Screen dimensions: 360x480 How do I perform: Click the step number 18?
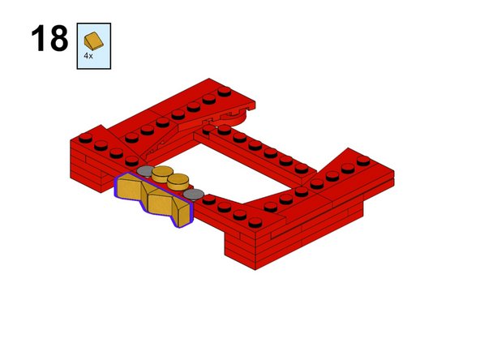(x=49, y=39)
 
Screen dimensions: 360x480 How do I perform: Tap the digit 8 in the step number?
(x=58, y=39)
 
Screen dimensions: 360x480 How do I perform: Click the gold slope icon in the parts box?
(x=94, y=39)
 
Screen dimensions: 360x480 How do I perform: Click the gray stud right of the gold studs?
(x=194, y=195)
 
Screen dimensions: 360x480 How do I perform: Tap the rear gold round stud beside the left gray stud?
(x=163, y=172)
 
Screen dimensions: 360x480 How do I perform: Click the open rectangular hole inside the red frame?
(x=243, y=170)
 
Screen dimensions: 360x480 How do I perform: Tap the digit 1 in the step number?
(x=38, y=39)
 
